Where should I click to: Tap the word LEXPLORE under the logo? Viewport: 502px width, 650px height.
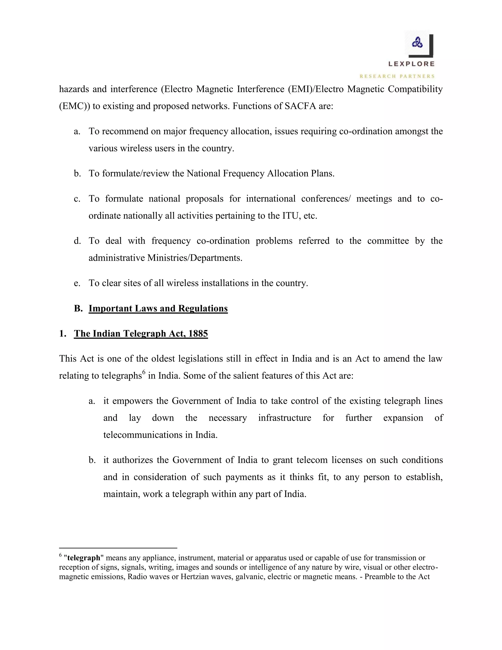point(411,64)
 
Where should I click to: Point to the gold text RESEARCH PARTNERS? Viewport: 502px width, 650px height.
point(397,76)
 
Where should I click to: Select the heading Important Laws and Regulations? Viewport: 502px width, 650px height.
point(158,308)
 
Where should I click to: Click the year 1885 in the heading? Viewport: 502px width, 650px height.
point(198,333)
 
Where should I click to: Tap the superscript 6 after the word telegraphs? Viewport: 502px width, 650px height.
point(144,372)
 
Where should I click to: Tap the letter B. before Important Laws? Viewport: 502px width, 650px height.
point(78,308)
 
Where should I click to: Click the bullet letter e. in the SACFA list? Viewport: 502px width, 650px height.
point(77,283)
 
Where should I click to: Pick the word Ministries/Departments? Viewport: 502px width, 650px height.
point(194,258)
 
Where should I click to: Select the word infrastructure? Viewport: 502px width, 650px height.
point(284,418)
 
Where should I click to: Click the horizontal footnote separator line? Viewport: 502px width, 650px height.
point(118,548)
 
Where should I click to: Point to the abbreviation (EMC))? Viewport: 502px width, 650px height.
point(74,106)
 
